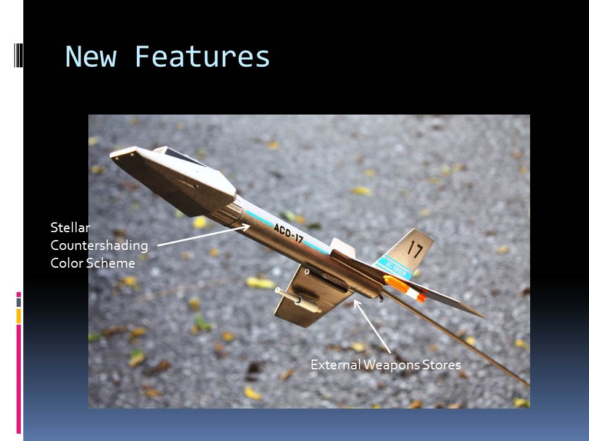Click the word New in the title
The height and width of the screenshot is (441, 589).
tap(91, 56)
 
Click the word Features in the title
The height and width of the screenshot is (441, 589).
tap(202, 56)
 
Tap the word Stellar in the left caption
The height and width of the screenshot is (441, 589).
tap(70, 228)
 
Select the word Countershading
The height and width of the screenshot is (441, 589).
tap(99, 246)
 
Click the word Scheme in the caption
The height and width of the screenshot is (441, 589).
tap(111, 263)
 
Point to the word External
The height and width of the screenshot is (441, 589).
tap(336, 365)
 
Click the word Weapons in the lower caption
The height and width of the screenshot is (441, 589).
tap(391, 365)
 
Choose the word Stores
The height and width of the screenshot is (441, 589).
tap(441, 365)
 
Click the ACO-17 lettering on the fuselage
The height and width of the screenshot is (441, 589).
tap(288, 233)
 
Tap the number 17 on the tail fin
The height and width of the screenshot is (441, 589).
tap(415, 249)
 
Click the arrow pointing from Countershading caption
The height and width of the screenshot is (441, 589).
tap(204, 235)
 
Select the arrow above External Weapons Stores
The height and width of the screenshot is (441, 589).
tap(372, 326)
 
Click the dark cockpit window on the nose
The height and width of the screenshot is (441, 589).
tap(185, 156)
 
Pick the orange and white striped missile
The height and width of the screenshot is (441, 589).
tap(405, 288)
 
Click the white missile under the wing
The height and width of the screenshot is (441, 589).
tap(298, 300)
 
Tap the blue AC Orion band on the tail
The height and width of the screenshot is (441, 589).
tap(394, 268)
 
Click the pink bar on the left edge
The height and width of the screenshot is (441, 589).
tap(18, 379)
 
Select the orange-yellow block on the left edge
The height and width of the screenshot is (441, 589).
tap(18, 316)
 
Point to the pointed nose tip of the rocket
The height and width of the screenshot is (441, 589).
tap(111, 154)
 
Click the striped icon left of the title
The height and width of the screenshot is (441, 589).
tap(18, 56)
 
